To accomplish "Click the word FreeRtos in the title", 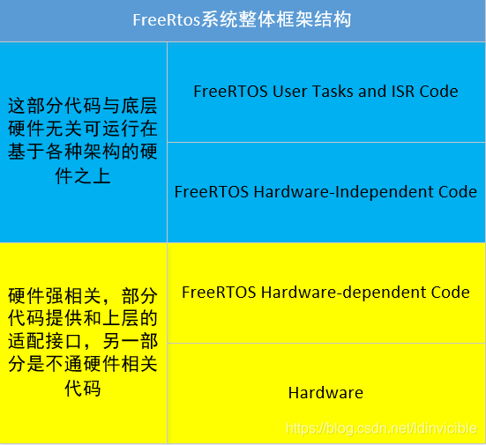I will (161, 19).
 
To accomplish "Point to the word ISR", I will (402, 91).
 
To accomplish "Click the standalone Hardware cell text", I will (325, 392).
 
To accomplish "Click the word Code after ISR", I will (438, 91).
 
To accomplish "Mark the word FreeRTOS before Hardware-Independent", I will (212, 191).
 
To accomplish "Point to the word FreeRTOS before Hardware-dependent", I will (219, 292).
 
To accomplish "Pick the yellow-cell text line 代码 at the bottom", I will (82, 389).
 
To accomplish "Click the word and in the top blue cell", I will (373, 91).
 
